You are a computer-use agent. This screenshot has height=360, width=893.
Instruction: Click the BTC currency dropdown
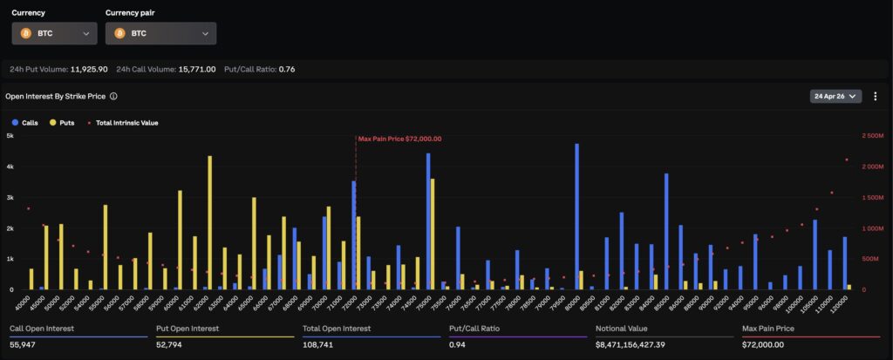point(54,33)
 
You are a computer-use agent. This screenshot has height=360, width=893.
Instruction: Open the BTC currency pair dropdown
point(160,33)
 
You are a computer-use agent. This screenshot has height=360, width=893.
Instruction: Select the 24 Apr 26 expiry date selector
point(835,96)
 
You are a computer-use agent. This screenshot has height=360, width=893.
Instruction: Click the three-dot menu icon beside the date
point(876,96)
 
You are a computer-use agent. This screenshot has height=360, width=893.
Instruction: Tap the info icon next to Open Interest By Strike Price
point(113,97)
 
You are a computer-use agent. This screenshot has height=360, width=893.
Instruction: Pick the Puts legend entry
point(63,123)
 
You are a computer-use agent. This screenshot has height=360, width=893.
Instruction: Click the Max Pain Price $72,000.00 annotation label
point(399,139)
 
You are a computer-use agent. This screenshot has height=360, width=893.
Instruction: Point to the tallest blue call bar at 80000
point(577,216)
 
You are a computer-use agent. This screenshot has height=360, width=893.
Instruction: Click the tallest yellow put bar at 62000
point(210,222)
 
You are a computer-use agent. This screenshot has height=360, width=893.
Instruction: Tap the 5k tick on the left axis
point(10,136)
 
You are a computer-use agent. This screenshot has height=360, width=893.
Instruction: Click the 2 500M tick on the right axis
point(872,136)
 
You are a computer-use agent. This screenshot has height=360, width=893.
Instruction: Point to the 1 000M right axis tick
point(872,228)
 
